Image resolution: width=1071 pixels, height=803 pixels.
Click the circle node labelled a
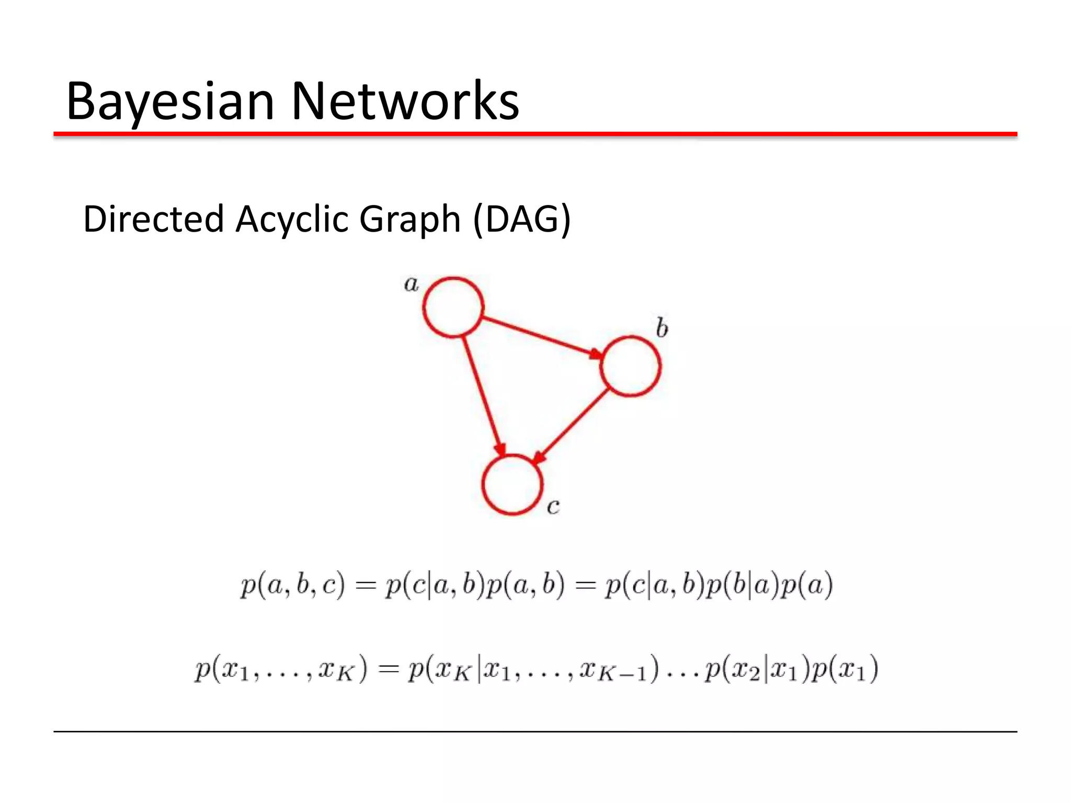click(x=453, y=307)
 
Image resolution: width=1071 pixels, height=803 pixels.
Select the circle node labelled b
click(x=630, y=366)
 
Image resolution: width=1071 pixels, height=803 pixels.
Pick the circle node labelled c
click(x=512, y=485)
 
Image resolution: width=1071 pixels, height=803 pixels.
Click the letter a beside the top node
click(x=412, y=284)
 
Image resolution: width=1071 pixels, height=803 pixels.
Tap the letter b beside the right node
click(x=662, y=328)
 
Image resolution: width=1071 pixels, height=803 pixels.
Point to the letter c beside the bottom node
click(x=553, y=506)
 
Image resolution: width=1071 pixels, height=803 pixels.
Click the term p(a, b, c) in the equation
click(x=292, y=585)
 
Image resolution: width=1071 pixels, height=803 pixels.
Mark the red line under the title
click(x=535, y=135)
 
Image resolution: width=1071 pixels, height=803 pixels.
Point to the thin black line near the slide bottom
click(x=535, y=731)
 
